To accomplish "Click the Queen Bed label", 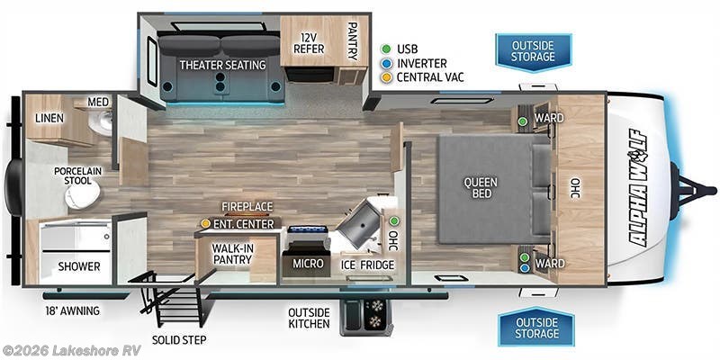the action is [x=481, y=188].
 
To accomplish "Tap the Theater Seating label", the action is [x=222, y=65].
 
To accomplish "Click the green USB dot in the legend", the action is [x=387, y=49].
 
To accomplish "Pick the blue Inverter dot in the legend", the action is [x=387, y=63].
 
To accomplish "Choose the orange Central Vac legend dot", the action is [x=387, y=77].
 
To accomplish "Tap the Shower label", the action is [x=79, y=266].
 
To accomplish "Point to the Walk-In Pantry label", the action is [x=232, y=254].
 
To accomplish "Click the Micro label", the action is [x=309, y=264].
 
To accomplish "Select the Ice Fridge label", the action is [x=367, y=265].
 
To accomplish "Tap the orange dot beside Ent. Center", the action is [x=206, y=223].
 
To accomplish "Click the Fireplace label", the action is [x=247, y=207].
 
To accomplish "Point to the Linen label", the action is [x=49, y=118].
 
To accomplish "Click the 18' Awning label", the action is [x=72, y=310].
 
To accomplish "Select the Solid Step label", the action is [x=179, y=340].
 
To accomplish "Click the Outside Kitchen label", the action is [x=309, y=318].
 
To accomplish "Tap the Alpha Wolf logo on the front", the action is [x=636, y=187].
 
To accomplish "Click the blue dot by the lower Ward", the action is [x=525, y=268].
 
